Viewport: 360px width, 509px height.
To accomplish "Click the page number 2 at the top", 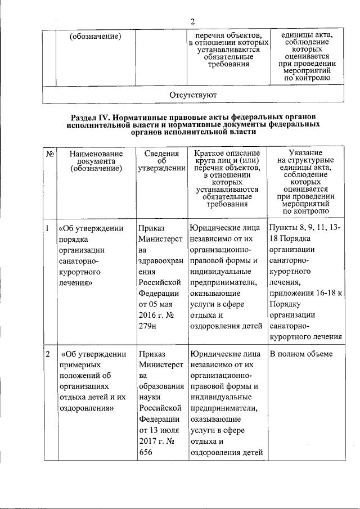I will click(192, 22).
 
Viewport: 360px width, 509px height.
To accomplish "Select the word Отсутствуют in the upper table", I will click(193, 94).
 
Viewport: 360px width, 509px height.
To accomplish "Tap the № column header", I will click(49, 153).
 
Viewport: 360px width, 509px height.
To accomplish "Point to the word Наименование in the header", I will click(96, 153).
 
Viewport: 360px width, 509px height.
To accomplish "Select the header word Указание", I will click(305, 153).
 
